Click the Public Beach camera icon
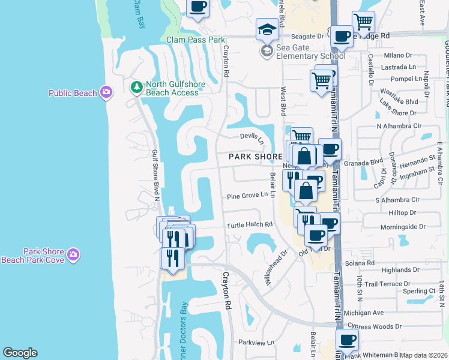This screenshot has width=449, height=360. [106, 92]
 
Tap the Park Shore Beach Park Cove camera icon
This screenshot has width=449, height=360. [73, 255]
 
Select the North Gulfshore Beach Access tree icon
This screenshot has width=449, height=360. [137, 88]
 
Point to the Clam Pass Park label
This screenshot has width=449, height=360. [196, 40]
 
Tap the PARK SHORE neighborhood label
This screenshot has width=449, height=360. [256, 157]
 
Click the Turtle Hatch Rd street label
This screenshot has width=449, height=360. [250, 225]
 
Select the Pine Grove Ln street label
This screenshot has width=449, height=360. [247, 196]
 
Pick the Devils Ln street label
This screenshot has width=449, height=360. [253, 137]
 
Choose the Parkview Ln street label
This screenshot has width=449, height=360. [256, 342]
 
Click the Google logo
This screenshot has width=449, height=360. [20, 353]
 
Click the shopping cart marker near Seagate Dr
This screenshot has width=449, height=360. [363, 22]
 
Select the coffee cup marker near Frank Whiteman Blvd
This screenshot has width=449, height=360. [347, 340]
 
